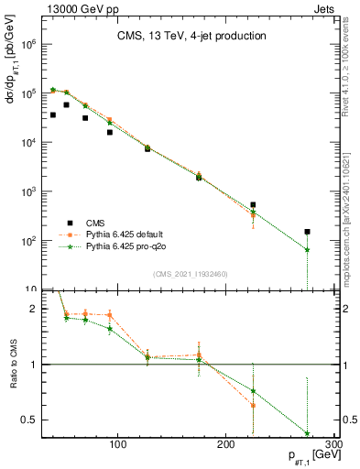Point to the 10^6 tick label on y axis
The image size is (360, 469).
coord(27,44)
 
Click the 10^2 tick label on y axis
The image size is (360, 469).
coord(27,241)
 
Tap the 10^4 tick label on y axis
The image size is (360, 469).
coord(27,143)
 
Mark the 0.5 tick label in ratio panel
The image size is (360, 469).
coord(27,420)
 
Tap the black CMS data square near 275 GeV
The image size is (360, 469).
coord(307,232)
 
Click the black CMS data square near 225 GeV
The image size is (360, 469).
coord(253,205)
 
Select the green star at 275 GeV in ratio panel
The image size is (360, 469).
coord(307,433)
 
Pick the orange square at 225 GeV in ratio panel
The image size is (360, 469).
coord(253,405)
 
